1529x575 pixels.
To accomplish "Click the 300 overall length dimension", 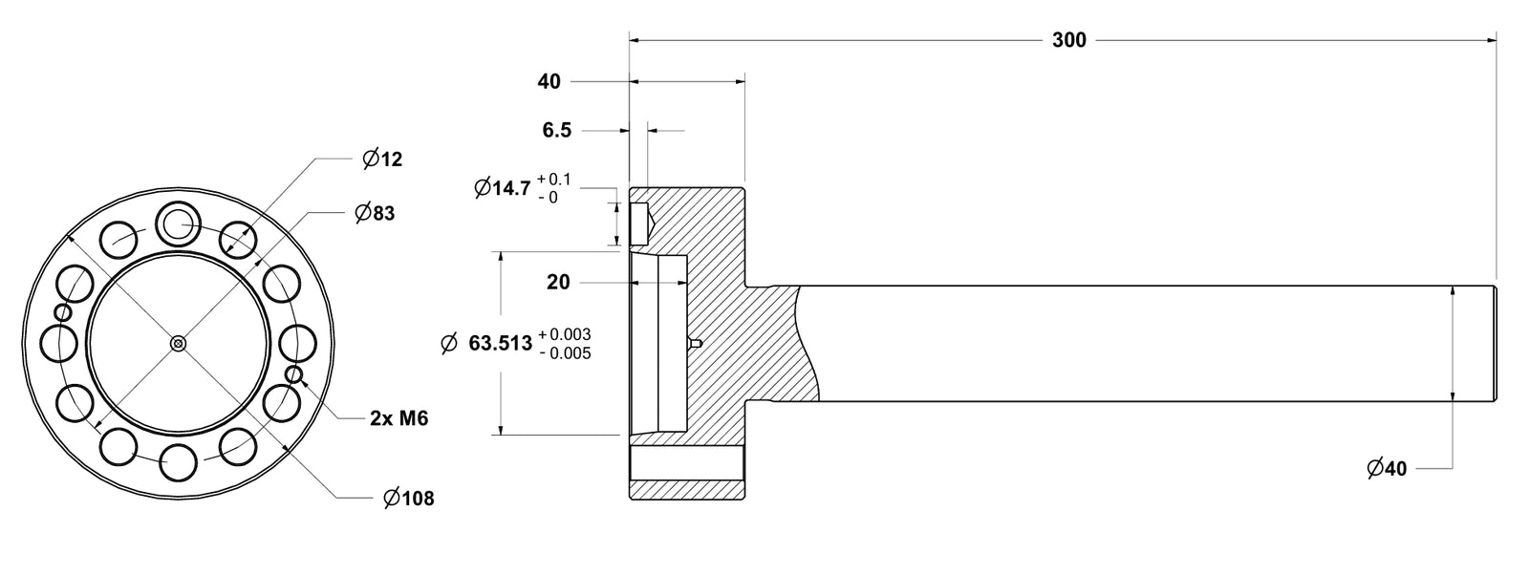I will (x=1068, y=40).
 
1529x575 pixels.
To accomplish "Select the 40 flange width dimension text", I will (x=549, y=82).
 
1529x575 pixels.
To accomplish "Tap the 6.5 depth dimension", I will (x=556, y=130).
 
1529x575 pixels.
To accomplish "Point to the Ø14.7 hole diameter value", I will (x=503, y=188).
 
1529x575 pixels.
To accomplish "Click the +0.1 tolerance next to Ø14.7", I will (x=553, y=180).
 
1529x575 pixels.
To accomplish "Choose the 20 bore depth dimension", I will (x=558, y=282).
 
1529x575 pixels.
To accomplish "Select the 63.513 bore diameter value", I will (x=499, y=344).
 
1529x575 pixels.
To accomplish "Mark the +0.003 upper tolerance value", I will (x=564, y=334).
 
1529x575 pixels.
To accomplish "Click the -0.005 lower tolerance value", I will (x=564, y=353).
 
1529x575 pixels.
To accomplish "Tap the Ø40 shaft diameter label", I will (x=1387, y=469).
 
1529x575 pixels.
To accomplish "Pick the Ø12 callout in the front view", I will (x=383, y=160).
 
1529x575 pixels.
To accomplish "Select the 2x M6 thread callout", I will (x=398, y=418).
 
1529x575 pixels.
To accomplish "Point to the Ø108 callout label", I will (x=408, y=498).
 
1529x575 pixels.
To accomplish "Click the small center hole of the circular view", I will (x=178, y=344).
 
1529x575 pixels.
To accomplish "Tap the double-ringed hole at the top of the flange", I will (x=178, y=224).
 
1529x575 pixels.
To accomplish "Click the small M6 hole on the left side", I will (x=63, y=312).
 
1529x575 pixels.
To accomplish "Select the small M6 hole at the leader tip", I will (x=294, y=374).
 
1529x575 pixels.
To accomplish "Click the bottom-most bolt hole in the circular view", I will (x=178, y=463).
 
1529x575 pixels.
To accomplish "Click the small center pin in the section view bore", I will (x=696, y=343).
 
